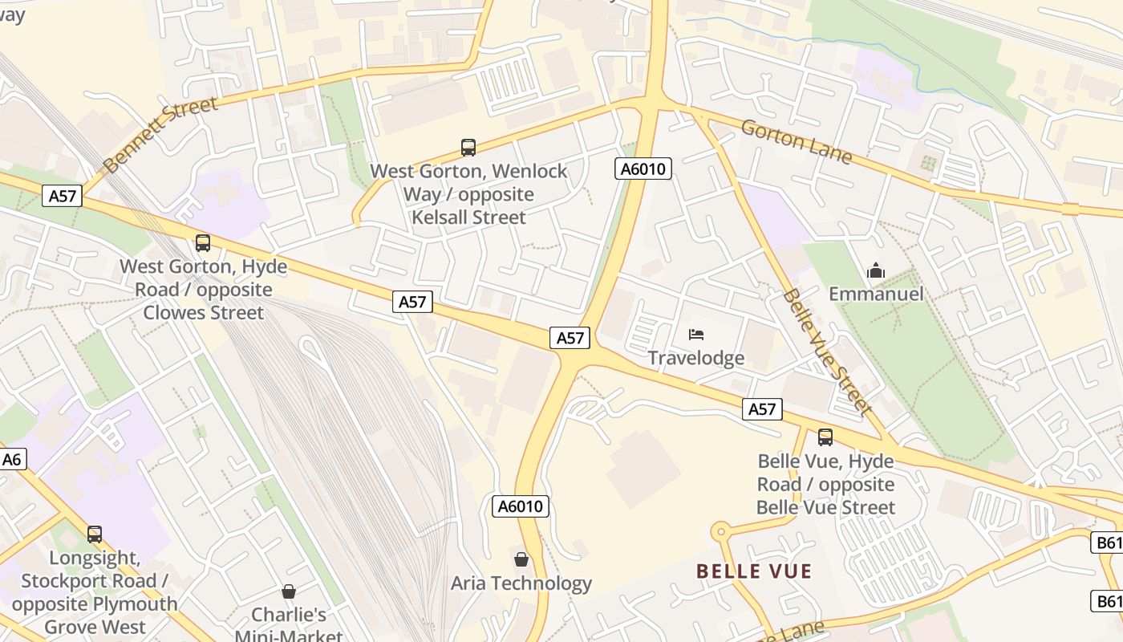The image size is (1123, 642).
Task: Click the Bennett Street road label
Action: click(x=160, y=135)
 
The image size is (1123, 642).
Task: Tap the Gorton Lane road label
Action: click(x=796, y=141)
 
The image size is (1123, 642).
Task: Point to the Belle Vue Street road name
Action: click(x=827, y=354)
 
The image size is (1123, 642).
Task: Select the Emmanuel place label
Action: click(x=876, y=294)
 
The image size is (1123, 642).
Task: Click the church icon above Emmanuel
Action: click(x=876, y=271)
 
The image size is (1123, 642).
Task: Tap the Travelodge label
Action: click(x=695, y=358)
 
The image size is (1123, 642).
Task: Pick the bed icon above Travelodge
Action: click(x=696, y=335)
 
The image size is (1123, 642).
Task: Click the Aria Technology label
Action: click(x=521, y=583)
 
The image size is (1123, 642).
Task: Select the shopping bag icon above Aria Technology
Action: click(x=521, y=559)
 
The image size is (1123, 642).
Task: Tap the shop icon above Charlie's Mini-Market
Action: click(x=289, y=592)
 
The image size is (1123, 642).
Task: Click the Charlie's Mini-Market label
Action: click(x=289, y=626)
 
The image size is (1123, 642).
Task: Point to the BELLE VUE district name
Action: click(x=754, y=571)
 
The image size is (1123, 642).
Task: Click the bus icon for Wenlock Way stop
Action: click(x=468, y=148)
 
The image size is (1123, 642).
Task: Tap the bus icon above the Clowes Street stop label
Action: click(x=203, y=243)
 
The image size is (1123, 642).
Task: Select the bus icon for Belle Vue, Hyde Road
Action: click(x=825, y=437)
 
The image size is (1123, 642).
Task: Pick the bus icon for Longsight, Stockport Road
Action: click(x=95, y=534)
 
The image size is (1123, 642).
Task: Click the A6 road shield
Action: click(x=12, y=460)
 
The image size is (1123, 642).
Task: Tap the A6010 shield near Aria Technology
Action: click(x=521, y=506)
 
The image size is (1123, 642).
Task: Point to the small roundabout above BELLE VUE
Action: click(x=720, y=530)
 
